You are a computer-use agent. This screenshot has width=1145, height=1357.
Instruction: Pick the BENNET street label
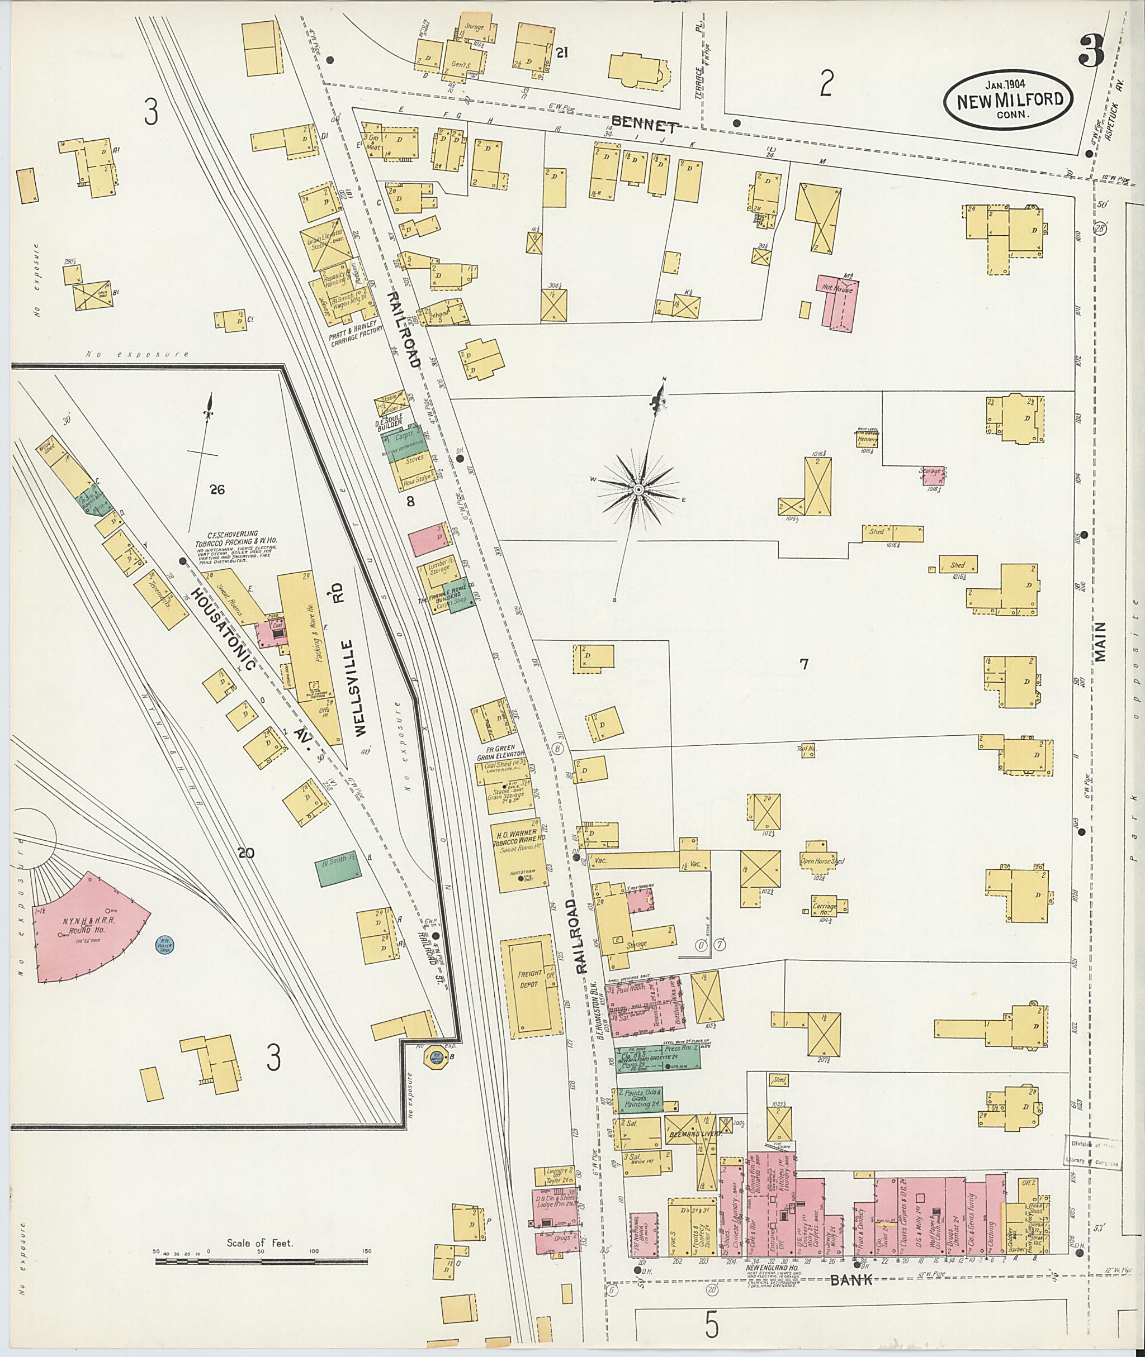point(645,125)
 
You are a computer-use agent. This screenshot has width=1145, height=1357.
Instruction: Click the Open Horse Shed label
point(822,861)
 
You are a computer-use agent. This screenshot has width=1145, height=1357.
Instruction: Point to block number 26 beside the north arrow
point(217,490)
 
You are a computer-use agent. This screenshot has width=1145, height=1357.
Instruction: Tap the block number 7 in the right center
point(803,664)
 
